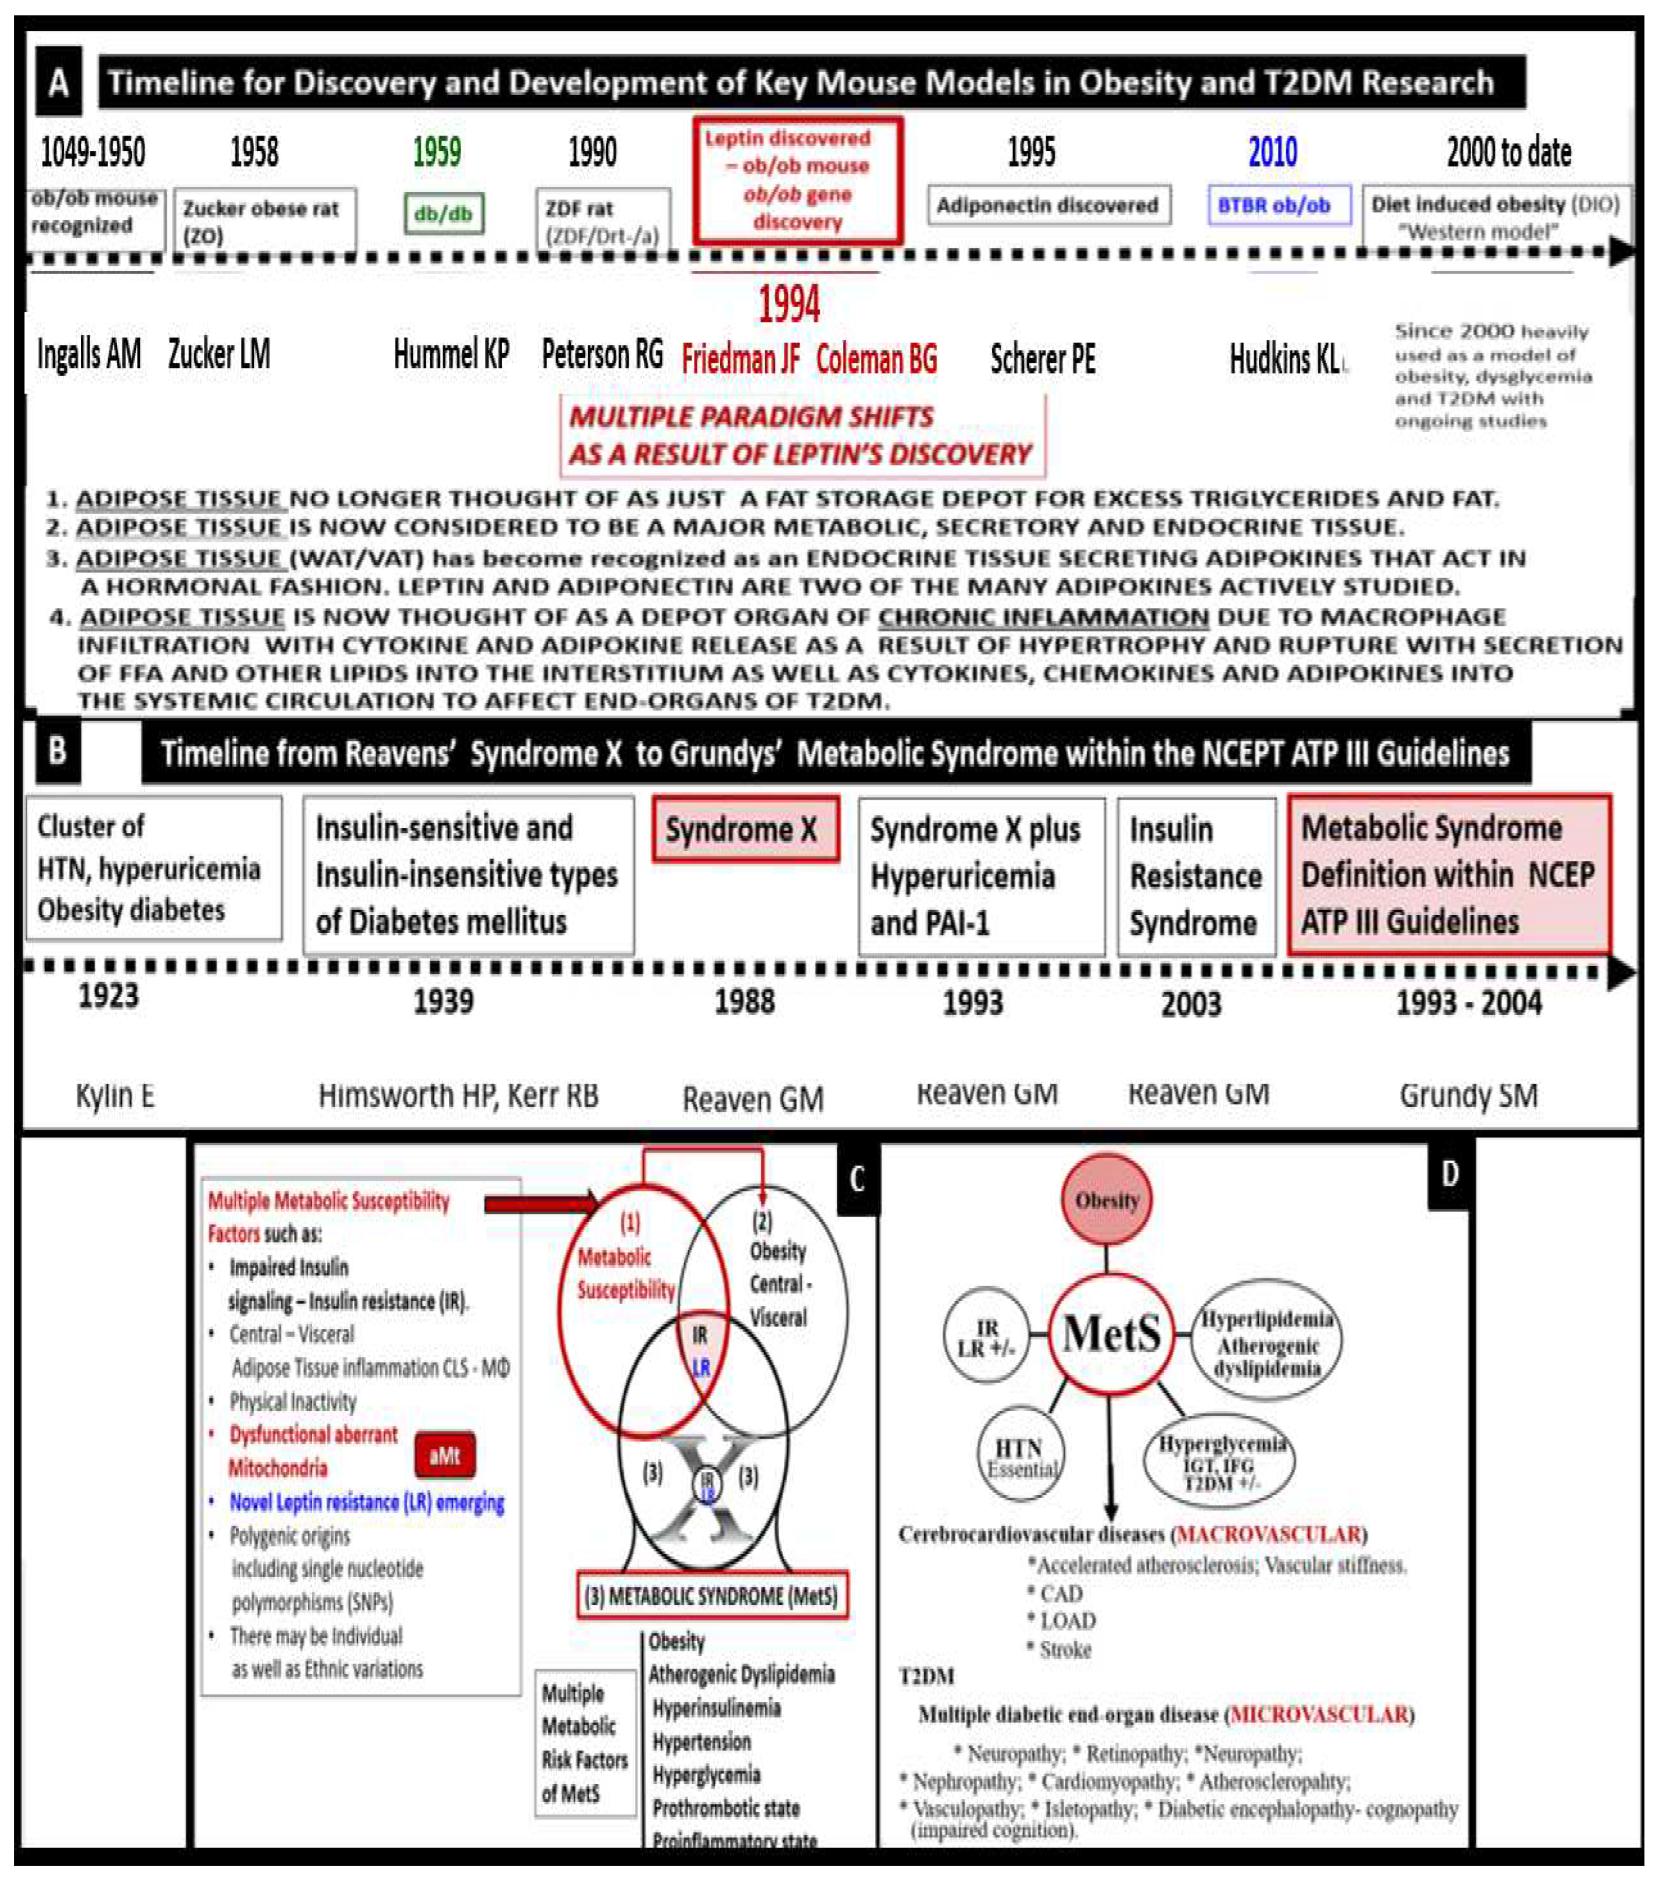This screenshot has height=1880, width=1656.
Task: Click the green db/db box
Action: (444, 214)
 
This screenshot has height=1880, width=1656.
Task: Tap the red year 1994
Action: (788, 304)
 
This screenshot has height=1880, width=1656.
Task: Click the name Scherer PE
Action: (1043, 359)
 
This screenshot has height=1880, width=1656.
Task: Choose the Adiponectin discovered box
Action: (1048, 205)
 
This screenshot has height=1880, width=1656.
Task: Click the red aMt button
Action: (444, 1455)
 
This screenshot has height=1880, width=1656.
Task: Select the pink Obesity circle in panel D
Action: (1107, 1200)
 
